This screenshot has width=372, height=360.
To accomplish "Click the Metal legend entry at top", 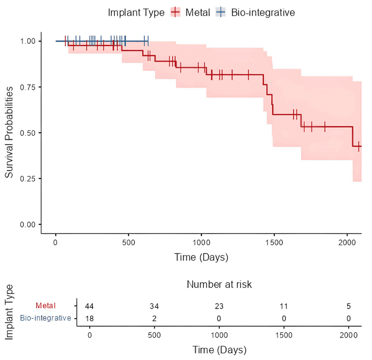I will tap(190, 12).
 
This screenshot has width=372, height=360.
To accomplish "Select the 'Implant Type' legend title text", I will tap(137, 12).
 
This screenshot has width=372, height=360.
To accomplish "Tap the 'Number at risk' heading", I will tap(219, 284).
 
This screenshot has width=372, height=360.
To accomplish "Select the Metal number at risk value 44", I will tap(89, 306).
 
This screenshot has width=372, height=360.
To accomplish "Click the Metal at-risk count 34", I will tap(154, 306).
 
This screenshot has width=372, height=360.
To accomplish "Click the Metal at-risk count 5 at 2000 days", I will tap(349, 306).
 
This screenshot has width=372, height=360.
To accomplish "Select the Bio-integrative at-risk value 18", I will tap(89, 318).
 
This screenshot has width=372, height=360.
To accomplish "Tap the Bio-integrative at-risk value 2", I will tap(154, 318).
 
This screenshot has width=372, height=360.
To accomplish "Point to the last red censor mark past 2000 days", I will tap(359, 146).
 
